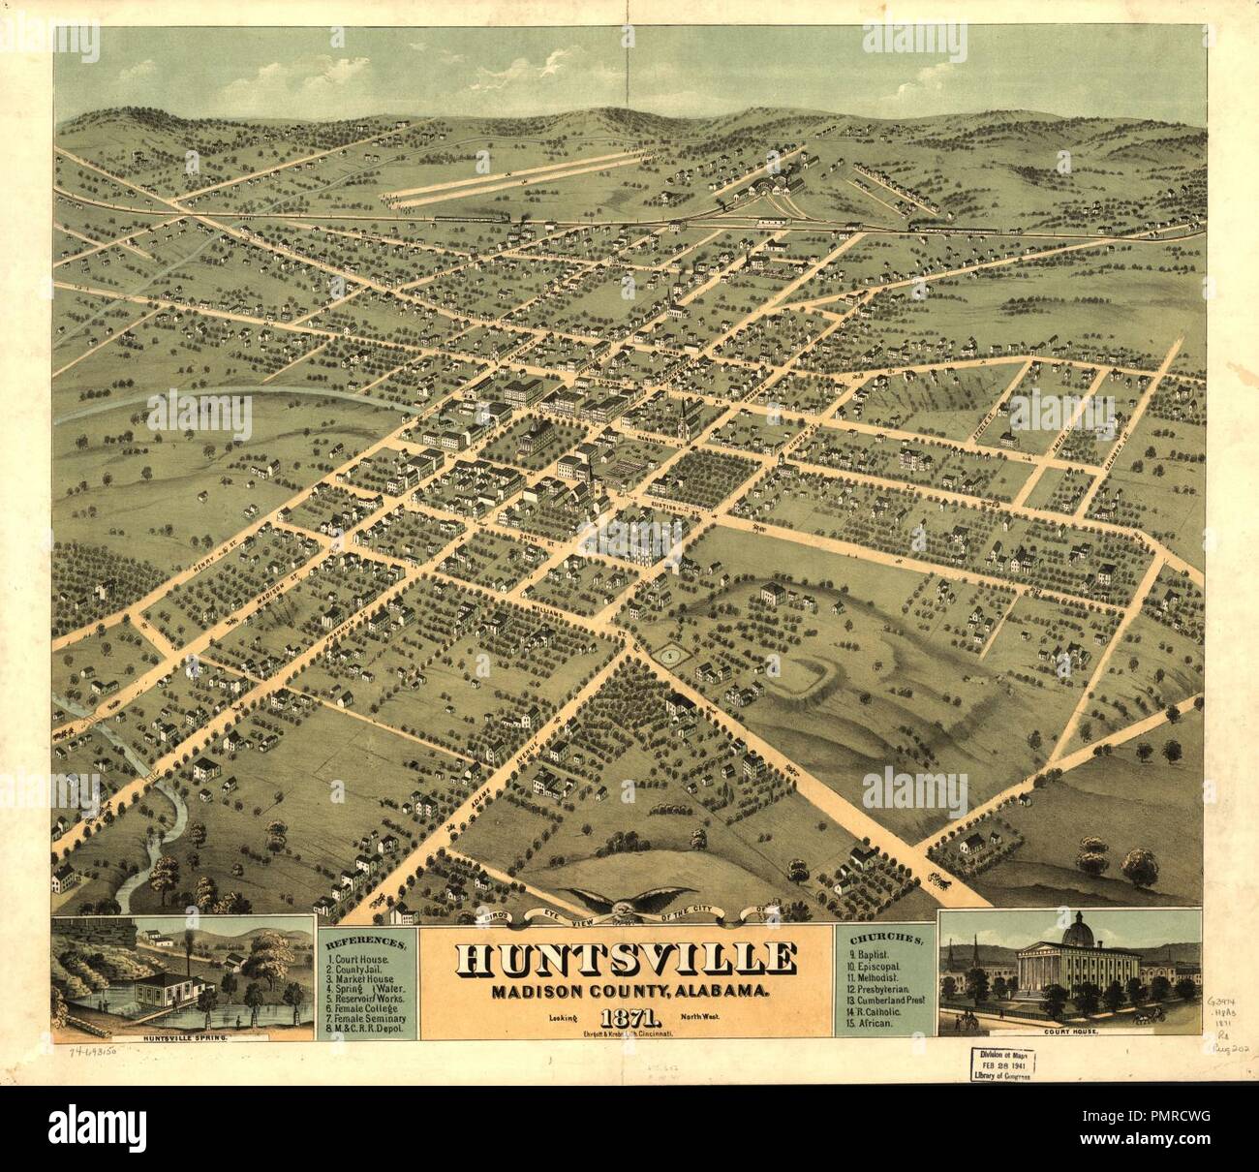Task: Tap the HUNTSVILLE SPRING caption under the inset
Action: [x=183, y=1038]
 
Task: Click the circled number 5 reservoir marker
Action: [x=669, y=657]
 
